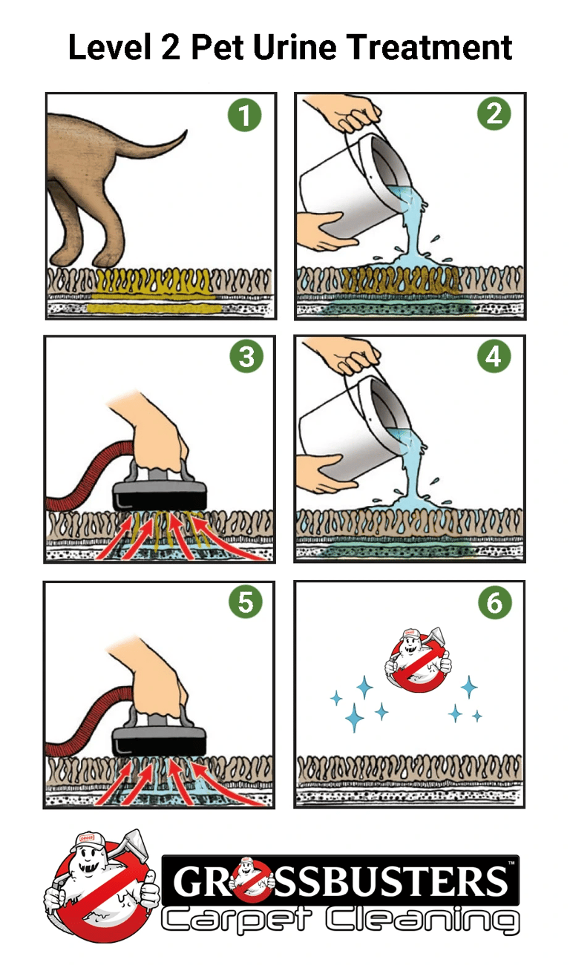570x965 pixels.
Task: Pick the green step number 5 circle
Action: (x=245, y=602)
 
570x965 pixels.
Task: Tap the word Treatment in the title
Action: (x=430, y=48)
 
